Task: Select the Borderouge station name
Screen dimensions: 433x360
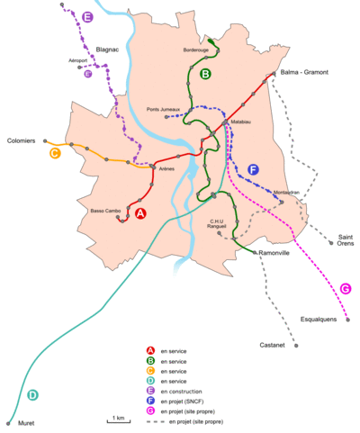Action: coord(195,50)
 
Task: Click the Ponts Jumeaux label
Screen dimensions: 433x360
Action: coord(165,110)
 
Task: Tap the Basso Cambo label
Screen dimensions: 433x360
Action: coord(105,212)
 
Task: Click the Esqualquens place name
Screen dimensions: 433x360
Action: coord(320,320)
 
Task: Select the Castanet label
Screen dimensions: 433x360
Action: coord(272,346)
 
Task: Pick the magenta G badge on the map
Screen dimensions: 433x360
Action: coord(346,289)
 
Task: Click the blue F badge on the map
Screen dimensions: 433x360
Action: coord(253,170)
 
